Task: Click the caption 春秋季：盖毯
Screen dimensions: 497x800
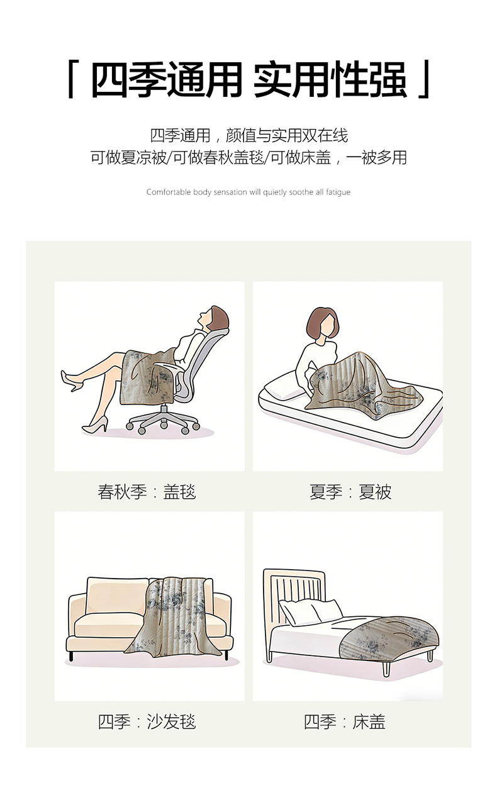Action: pos(147,492)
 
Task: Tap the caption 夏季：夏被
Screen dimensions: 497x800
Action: pos(350,492)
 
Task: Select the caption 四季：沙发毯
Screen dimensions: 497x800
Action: pos(147,722)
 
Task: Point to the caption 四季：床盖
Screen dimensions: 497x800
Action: pos(345,722)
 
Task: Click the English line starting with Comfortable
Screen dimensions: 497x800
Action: pos(248,192)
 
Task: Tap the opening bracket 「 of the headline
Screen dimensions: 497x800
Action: pos(71,79)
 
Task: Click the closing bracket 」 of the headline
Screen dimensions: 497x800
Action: pos(425,79)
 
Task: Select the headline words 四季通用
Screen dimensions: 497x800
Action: pos(166,79)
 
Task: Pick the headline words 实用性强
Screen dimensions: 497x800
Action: pos(330,79)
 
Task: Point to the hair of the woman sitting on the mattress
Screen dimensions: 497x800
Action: pos(322,321)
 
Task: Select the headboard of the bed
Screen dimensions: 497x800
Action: pos(293,591)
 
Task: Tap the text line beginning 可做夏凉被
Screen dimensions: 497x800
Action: pos(248,157)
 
